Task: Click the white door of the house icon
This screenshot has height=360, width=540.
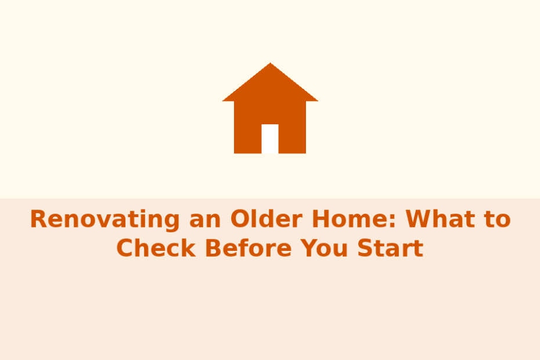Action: point(270,139)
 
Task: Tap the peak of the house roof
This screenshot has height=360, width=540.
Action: point(270,63)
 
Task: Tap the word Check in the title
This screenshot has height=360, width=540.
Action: point(156,248)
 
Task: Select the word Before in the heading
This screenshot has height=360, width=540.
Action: point(249,248)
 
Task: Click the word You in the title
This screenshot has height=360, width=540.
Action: point(324,248)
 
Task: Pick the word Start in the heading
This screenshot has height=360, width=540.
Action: point(390,248)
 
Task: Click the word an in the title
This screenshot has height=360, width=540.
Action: point(205,221)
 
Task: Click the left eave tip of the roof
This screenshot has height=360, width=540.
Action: point(222,101)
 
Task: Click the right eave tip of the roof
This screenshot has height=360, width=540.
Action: point(318,101)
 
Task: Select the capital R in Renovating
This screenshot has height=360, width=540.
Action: point(38,219)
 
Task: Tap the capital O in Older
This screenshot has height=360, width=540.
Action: point(240,219)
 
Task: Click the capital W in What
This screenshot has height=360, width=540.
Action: point(419,219)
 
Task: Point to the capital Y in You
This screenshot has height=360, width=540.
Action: point(309,248)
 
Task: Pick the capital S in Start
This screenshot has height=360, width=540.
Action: point(365,248)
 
